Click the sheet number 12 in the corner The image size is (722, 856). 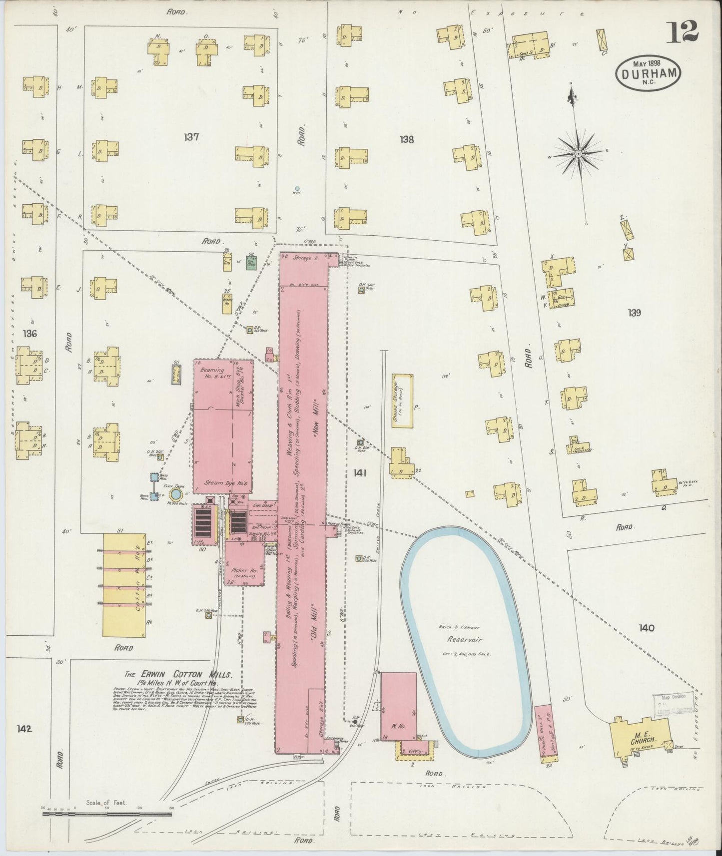click(x=682, y=33)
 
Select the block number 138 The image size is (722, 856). click(x=407, y=140)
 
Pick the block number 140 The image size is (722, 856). click(x=646, y=628)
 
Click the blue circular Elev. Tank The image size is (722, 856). click(x=175, y=494)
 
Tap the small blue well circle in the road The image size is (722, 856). click(x=297, y=189)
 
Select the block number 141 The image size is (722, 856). click(x=359, y=472)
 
